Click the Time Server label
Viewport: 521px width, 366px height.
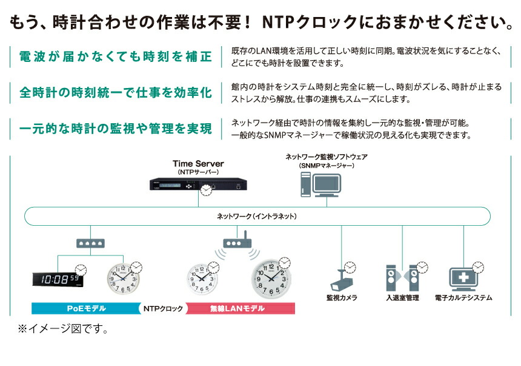tap(198, 163)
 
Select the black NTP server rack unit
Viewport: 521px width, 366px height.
tap(198, 184)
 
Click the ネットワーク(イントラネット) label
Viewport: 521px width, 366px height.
tap(256, 217)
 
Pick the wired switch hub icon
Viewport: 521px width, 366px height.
tap(90, 243)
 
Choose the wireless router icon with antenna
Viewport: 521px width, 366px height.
tap(237, 240)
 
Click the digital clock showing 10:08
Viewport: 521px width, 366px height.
tap(58, 279)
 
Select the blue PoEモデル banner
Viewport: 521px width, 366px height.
tap(86, 308)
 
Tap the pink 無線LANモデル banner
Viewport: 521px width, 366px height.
tap(240, 308)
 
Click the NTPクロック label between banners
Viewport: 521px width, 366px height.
tap(163, 309)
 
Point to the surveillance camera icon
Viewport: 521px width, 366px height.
tap(341, 280)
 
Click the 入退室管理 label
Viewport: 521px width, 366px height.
tap(402, 298)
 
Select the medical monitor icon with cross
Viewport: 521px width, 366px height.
tap(463, 279)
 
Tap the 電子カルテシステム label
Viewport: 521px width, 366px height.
tap(463, 298)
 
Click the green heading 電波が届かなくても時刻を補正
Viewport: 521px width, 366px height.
tap(116, 56)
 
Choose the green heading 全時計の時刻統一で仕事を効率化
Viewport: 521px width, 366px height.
tap(116, 93)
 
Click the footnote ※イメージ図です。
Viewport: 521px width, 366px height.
tap(63, 329)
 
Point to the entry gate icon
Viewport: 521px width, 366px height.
tap(402, 278)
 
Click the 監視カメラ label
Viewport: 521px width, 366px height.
tap(342, 298)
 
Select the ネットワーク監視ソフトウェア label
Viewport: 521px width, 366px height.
tap(327, 157)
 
